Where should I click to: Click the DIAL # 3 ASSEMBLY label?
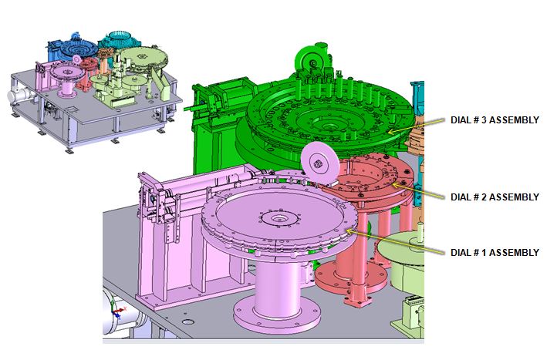(x=495, y=120)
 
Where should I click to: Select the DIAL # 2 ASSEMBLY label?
(x=495, y=197)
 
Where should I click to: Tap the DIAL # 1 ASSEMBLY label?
(x=495, y=252)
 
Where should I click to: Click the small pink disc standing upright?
(x=320, y=163)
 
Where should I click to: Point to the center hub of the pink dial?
(x=278, y=219)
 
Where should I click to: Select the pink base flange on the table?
(x=277, y=317)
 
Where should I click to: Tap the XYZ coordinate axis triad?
(x=117, y=311)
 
